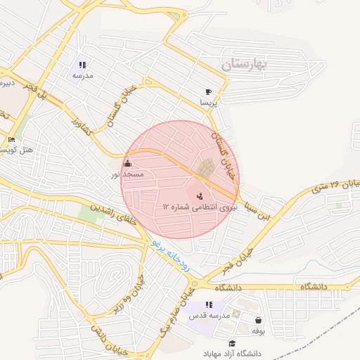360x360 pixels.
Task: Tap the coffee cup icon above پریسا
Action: [x=208, y=92]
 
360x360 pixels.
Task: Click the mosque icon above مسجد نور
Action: [x=127, y=164]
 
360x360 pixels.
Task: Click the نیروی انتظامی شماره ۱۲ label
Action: [x=196, y=207]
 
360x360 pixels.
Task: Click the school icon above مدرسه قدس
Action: [x=209, y=305]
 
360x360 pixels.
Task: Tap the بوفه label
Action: [x=258, y=330]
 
